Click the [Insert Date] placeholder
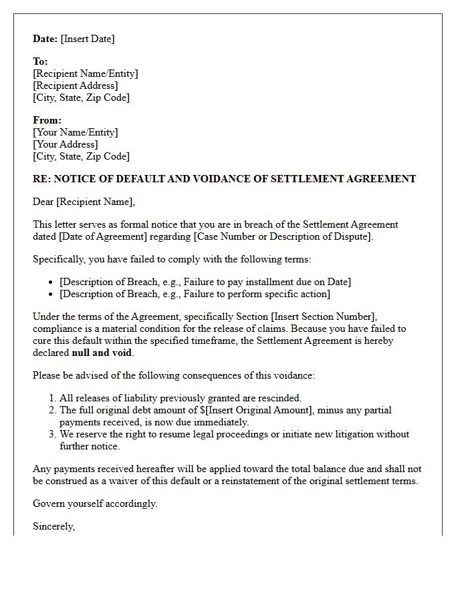tap(88, 39)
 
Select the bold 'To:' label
tap(40, 61)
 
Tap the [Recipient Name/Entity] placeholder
tap(86, 73)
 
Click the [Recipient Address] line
tap(76, 85)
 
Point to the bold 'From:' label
tap(47, 120)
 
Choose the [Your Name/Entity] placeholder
tap(76, 132)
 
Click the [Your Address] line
tap(66, 144)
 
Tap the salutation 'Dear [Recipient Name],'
tap(84, 202)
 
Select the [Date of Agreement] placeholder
tap(108, 236)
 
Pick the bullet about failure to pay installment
tap(205, 282)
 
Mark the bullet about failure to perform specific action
tap(195, 294)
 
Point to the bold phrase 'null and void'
tap(102, 353)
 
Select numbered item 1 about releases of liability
tap(181, 398)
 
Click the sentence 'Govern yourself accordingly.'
tap(95, 504)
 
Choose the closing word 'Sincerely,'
tap(54, 526)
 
